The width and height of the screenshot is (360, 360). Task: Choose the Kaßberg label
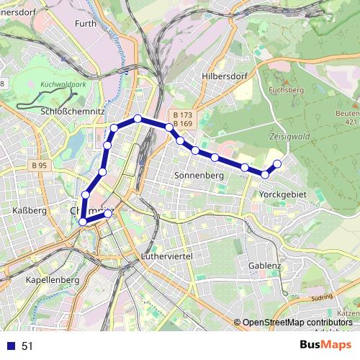[30, 210]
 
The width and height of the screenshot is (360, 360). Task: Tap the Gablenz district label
[264, 265]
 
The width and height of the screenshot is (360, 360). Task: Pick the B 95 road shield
[39, 166]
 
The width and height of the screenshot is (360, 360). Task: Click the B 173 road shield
[183, 115]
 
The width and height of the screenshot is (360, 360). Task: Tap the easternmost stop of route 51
[277, 164]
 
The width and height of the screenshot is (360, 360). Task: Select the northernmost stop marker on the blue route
[137, 118]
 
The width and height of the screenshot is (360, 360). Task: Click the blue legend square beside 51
[11, 346]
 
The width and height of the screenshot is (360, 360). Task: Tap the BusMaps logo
[325, 345]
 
